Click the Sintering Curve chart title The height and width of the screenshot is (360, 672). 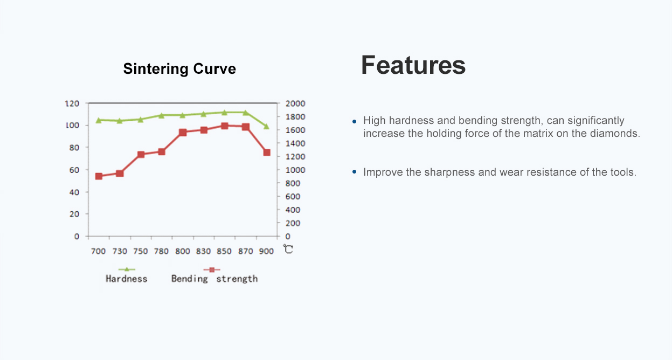179,69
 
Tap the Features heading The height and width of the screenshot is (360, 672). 413,65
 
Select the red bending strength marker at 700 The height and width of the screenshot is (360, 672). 99,176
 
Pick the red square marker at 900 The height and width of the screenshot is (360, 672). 267,153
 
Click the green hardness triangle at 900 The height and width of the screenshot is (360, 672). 266,126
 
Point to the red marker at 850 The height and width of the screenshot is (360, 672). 224,126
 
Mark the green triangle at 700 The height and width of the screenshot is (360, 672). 99,120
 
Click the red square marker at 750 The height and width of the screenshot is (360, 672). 141,155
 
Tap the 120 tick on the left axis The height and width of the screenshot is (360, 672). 72,103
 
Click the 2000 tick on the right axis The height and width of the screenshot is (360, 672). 295,103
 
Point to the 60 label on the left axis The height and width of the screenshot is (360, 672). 74,170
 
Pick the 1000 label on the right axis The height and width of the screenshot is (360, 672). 295,170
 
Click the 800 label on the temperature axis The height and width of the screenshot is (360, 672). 182,251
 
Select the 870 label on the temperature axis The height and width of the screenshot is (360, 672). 245,251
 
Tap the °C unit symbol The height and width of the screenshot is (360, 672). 288,249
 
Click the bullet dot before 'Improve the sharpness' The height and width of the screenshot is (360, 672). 354,172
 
